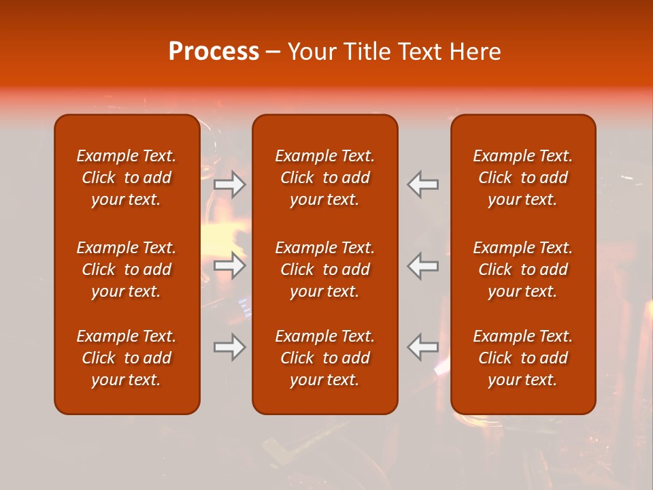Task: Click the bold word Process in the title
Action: click(214, 52)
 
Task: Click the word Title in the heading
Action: click(367, 52)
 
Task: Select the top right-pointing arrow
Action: click(230, 184)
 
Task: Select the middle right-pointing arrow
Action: click(230, 265)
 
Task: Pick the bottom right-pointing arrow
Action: click(230, 347)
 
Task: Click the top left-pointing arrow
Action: click(423, 184)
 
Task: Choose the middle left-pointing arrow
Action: click(423, 265)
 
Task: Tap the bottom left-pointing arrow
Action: click(423, 347)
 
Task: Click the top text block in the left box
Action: click(127, 178)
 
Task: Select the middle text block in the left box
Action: click(127, 269)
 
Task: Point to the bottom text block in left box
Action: click(127, 358)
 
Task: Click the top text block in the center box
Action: click(325, 178)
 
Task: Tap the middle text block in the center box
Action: click(325, 269)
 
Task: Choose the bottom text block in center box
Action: click(325, 358)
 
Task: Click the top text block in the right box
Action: click(523, 178)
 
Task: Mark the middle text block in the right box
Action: click(523, 269)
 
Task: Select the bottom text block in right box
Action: click(523, 358)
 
